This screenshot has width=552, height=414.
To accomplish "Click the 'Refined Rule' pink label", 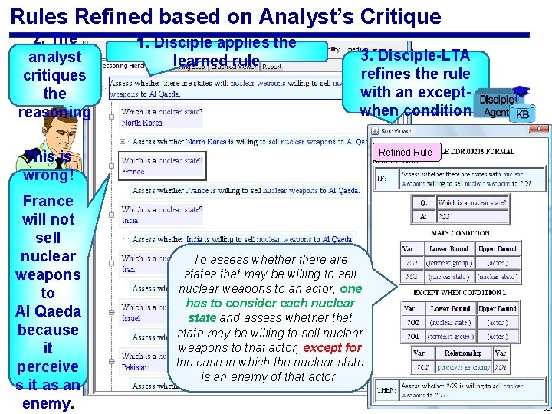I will coord(406,152).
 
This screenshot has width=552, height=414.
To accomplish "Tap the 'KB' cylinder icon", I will coord(522,114).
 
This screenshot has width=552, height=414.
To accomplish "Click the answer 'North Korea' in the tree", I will coord(142,123).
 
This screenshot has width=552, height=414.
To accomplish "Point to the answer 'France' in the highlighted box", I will coord(133,171).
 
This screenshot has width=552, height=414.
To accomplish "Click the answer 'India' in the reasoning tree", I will coord(130,220).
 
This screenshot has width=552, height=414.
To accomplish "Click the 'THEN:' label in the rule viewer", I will coord(386,389).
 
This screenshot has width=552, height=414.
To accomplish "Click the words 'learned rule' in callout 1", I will coord(217,61).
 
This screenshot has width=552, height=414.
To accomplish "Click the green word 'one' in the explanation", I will coord(351,289).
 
